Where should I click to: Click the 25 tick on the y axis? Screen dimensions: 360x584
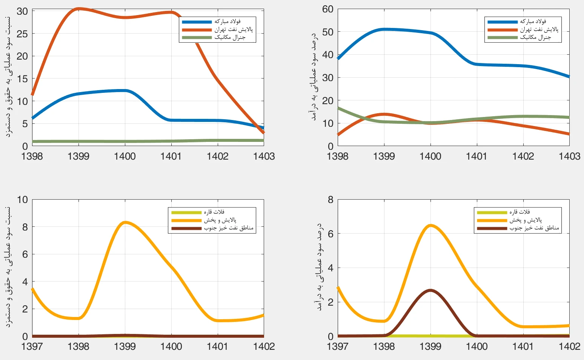click(22, 34)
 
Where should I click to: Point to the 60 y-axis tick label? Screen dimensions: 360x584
click(328, 9)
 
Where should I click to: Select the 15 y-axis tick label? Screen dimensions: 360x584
click(22, 79)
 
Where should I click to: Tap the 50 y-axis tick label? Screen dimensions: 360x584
click(328, 32)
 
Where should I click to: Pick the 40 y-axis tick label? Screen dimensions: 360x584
click(328, 55)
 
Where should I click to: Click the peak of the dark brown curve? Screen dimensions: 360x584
click(430, 290)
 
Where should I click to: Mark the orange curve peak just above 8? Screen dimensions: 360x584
click(125, 222)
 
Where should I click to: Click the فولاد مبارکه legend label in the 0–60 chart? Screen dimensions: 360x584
click(533, 22)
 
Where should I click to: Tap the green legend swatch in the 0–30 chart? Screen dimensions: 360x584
click(197, 37)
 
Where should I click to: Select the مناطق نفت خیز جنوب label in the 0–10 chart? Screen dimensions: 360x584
click(229, 228)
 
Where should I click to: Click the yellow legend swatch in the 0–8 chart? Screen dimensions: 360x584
click(492, 212)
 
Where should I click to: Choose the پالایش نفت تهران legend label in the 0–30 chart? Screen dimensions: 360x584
click(234, 29)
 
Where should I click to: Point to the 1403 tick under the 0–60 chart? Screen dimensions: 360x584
click(569, 156)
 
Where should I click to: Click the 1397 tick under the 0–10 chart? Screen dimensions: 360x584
click(32, 346)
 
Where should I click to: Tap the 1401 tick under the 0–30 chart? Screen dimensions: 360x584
click(171, 156)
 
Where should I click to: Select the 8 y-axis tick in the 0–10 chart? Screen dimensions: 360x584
click(25, 227)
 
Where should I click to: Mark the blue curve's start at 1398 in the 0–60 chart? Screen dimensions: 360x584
click(338, 58)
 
